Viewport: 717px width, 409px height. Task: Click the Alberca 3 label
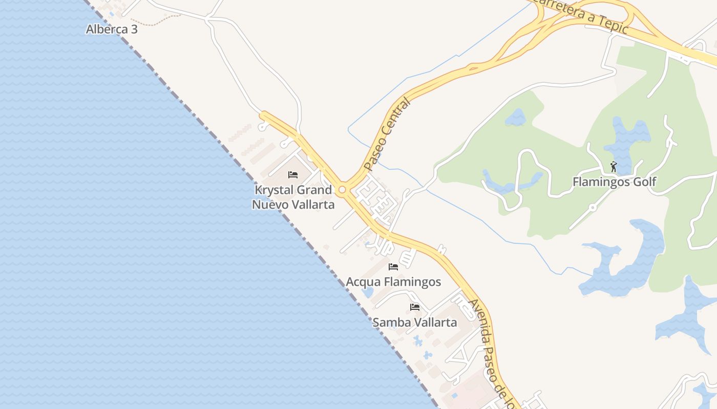[112, 29]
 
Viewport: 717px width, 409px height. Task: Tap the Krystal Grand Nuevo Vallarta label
[293, 197]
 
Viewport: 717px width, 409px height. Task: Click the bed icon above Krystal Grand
[293, 175]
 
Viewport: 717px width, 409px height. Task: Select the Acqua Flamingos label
[393, 282]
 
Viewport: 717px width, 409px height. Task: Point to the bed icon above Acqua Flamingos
[393, 267]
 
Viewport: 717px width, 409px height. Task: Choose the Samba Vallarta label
[415, 323]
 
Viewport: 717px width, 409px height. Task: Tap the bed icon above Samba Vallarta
[415, 307]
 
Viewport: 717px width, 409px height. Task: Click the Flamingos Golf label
[614, 181]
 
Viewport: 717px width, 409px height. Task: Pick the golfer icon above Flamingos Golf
[614, 167]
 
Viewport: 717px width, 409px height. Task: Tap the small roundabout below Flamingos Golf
[593, 208]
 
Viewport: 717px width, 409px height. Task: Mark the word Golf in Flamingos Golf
[645, 181]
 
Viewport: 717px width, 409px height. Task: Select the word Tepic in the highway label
[613, 25]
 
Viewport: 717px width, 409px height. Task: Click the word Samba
[390, 323]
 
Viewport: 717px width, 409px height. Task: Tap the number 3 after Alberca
[134, 29]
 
